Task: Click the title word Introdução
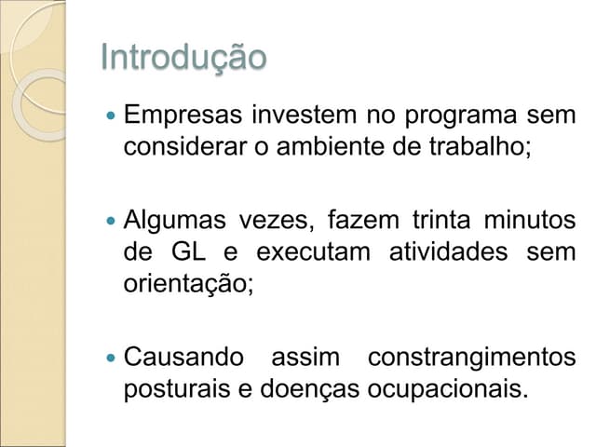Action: tap(183, 58)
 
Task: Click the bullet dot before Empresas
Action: tap(111, 117)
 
